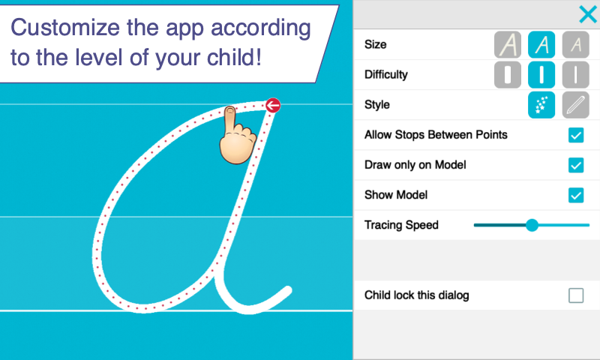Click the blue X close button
(588, 14)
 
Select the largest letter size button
(508, 45)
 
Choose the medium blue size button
(541, 45)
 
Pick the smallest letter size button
(575, 45)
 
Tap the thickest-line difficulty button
(508, 74)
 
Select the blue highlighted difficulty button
(541, 74)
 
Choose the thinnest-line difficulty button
(575, 74)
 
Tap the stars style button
(541, 105)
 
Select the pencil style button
(575, 105)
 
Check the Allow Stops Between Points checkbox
(576, 135)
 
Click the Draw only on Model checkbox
(576, 165)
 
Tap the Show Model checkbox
(576, 195)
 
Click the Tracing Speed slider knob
(532, 225)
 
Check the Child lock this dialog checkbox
(576, 295)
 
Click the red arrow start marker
(273, 105)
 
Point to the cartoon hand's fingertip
(229, 110)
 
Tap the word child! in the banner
(235, 58)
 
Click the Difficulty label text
(386, 74)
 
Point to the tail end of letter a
(288, 290)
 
